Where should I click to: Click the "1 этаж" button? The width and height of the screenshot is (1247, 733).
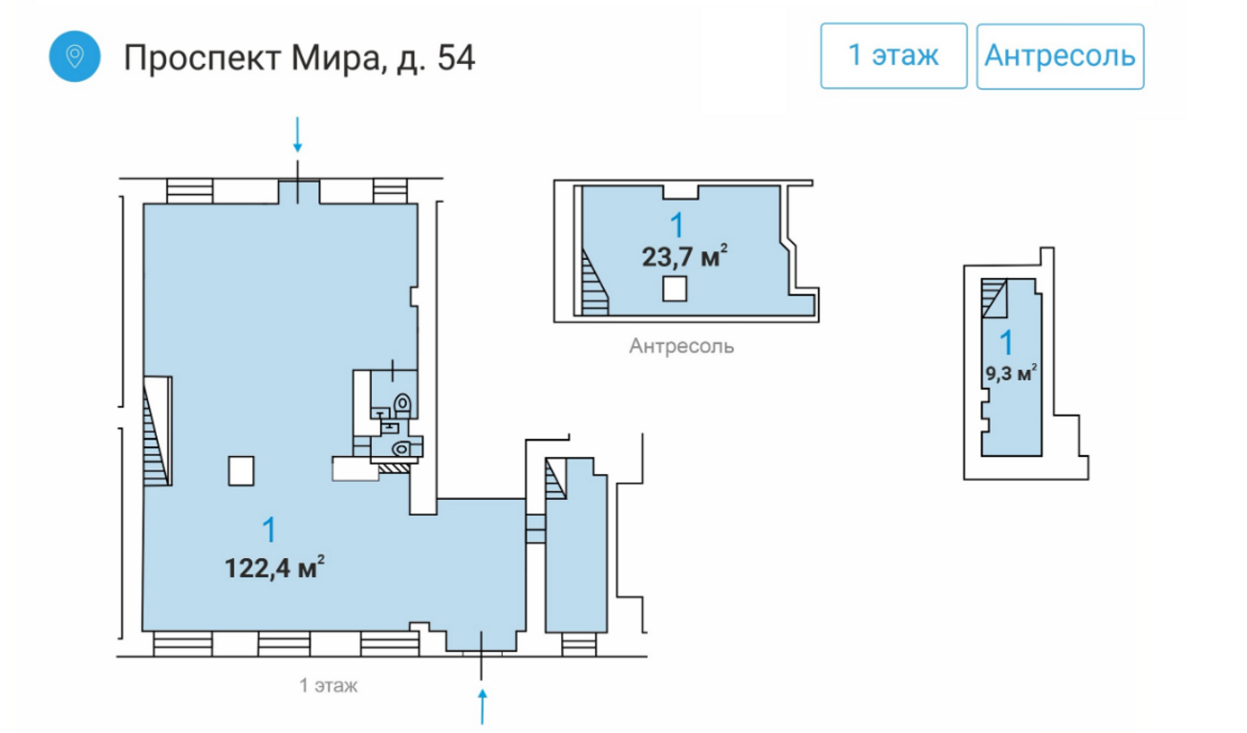893,55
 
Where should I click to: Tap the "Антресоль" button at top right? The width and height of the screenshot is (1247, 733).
1060,56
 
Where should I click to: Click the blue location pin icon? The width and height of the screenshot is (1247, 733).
75,56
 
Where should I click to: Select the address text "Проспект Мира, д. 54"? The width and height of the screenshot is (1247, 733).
299,57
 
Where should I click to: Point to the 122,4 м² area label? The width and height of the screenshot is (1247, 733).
274,568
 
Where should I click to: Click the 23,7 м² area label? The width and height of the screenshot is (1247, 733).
685,256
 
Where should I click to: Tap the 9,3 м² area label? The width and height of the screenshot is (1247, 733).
1011,373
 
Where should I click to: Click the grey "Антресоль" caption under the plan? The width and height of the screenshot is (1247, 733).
681,346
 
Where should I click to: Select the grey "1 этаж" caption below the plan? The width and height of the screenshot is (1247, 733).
329,685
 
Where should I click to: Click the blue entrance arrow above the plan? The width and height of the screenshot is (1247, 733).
298,134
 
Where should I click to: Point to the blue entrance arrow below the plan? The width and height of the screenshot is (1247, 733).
483,707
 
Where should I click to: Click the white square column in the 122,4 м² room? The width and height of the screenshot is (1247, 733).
241,471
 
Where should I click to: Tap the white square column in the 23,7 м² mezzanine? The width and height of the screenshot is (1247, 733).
675,290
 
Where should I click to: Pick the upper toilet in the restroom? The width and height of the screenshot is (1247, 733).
402,404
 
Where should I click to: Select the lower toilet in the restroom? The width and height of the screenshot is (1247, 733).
401,448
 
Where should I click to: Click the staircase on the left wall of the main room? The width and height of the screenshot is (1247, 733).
157,431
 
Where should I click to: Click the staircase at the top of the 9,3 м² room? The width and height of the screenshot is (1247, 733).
994,298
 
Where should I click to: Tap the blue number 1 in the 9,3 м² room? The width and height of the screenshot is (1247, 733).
1006,343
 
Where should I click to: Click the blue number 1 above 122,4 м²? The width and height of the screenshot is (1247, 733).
269,529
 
